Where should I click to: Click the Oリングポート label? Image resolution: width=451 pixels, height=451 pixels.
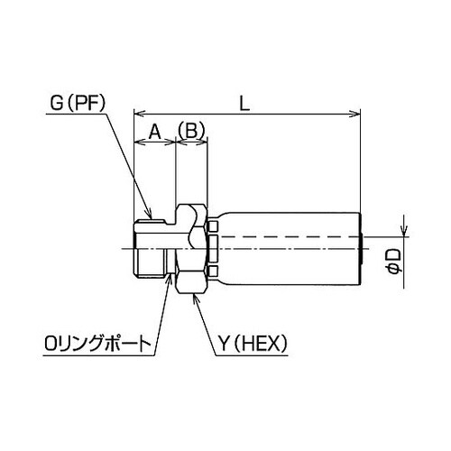click(95, 342)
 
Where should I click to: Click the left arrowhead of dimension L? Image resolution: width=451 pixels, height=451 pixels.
click(138, 114)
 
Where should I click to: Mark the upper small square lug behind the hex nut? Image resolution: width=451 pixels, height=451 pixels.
click(212, 224)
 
